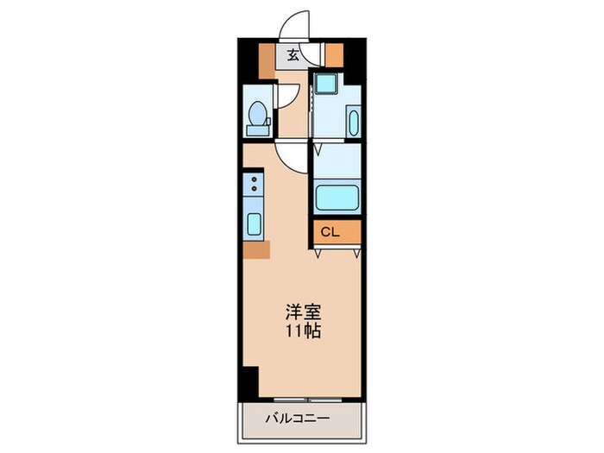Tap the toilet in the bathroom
coord(256,117)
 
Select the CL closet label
coord(330,232)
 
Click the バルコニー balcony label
coord(301,420)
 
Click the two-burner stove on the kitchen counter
coord(255,183)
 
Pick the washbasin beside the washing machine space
coord(352,120)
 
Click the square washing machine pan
coord(326,84)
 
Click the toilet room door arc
coord(288,97)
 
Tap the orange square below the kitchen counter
coord(256,249)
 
